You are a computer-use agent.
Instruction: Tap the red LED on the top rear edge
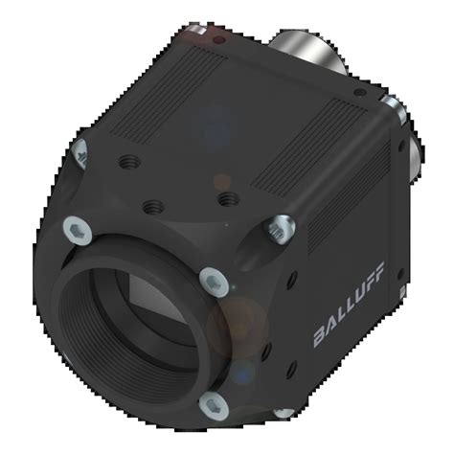point(216,42)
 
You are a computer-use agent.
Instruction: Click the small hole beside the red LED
point(200,37)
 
